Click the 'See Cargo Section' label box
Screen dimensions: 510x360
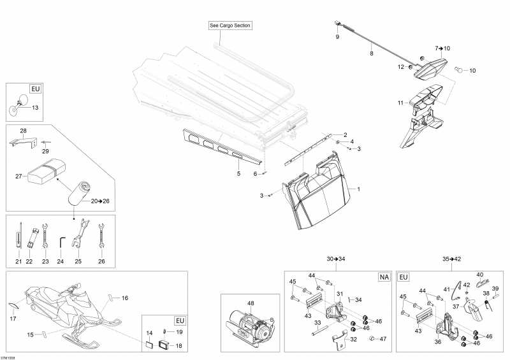pyautogui.click(x=230, y=25)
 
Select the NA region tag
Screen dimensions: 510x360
pyautogui.click(x=384, y=277)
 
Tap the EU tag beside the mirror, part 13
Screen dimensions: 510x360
pyautogui.click(x=36, y=89)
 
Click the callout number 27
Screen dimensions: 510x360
pyautogui.click(x=18, y=176)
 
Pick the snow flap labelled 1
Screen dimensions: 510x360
pyautogui.click(x=315, y=191)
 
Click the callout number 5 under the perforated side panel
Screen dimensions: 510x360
pyautogui.click(x=238, y=174)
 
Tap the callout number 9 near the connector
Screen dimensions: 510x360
pyautogui.click(x=337, y=37)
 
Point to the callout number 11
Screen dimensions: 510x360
pyautogui.click(x=400, y=103)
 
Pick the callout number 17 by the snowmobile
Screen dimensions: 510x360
pyautogui.click(x=13, y=319)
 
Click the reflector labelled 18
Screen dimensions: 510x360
pyautogui.click(x=164, y=345)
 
